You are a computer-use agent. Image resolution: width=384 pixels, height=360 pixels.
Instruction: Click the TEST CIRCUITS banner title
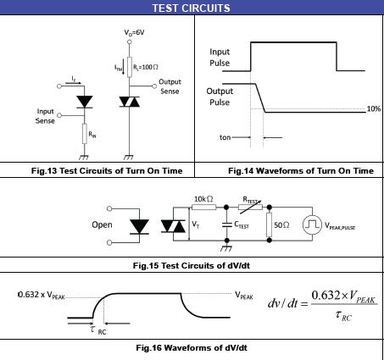coord(192,8)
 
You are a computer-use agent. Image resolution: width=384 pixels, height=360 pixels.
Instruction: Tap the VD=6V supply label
coord(134,33)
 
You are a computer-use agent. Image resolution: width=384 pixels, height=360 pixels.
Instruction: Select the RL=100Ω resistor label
coord(146,67)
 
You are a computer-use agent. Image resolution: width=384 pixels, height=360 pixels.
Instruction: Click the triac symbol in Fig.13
coord(130,102)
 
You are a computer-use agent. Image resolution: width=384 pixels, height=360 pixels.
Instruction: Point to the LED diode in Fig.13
coord(85,102)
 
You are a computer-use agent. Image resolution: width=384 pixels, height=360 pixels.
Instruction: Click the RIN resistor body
coord(85,134)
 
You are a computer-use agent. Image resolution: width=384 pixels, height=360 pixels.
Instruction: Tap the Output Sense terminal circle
coord(154,86)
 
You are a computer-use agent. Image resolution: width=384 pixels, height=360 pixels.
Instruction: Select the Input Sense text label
coord(45,116)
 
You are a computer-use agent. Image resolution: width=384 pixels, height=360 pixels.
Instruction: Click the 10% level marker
coord(374,108)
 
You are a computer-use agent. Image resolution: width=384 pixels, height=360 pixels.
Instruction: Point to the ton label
coord(225,137)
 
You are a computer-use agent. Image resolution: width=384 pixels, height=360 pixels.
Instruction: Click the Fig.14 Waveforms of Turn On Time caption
coord(301,171)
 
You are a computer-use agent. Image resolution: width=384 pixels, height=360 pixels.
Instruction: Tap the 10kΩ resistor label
coord(203,199)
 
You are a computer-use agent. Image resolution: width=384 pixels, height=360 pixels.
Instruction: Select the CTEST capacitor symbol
coord(226,224)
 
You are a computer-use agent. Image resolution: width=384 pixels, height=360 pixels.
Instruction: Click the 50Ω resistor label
coord(281,225)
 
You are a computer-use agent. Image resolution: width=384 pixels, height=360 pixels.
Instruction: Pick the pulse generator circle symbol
coord(312,224)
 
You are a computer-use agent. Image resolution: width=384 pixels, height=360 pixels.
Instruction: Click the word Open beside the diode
coord(102,225)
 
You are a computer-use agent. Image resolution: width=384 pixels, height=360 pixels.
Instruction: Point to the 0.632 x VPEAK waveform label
coord(42,295)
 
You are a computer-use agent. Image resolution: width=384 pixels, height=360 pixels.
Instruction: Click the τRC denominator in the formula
coord(343,315)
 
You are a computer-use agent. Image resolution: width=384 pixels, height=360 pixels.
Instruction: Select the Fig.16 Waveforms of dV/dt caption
coord(192,347)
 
